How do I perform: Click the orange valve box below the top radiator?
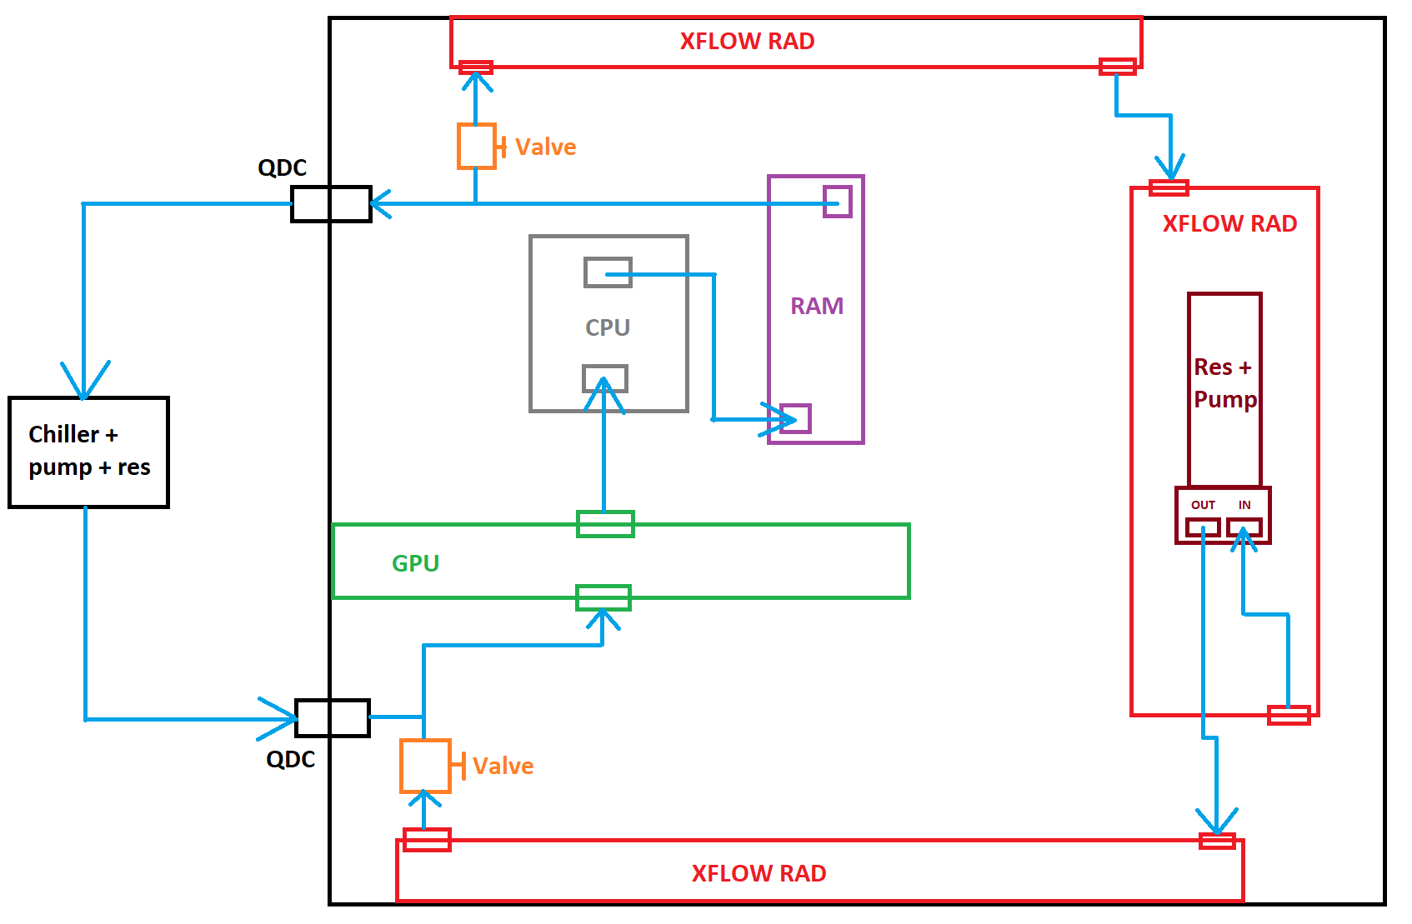pos(476,147)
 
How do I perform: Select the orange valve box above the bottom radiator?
pos(425,766)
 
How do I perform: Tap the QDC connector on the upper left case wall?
pos(331,204)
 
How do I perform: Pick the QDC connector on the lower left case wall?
pos(333,718)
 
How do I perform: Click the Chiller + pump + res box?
pos(88,452)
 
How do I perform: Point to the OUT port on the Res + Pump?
pos(1203,527)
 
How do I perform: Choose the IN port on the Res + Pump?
pos(1244,527)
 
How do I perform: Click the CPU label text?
pos(608,327)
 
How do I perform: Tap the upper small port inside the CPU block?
pos(608,272)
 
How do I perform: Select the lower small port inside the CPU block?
pos(605,379)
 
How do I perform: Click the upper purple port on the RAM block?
pos(837,202)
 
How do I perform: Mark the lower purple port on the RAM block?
pos(795,418)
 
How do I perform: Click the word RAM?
pos(817,307)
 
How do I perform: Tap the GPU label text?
pos(415,564)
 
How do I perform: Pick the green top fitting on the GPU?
pos(605,524)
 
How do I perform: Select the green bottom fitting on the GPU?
pos(603,597)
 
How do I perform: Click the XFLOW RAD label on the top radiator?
pos(747,42)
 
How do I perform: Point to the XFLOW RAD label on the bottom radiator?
pos(759,873)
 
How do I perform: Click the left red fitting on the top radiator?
pos(476,67)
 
